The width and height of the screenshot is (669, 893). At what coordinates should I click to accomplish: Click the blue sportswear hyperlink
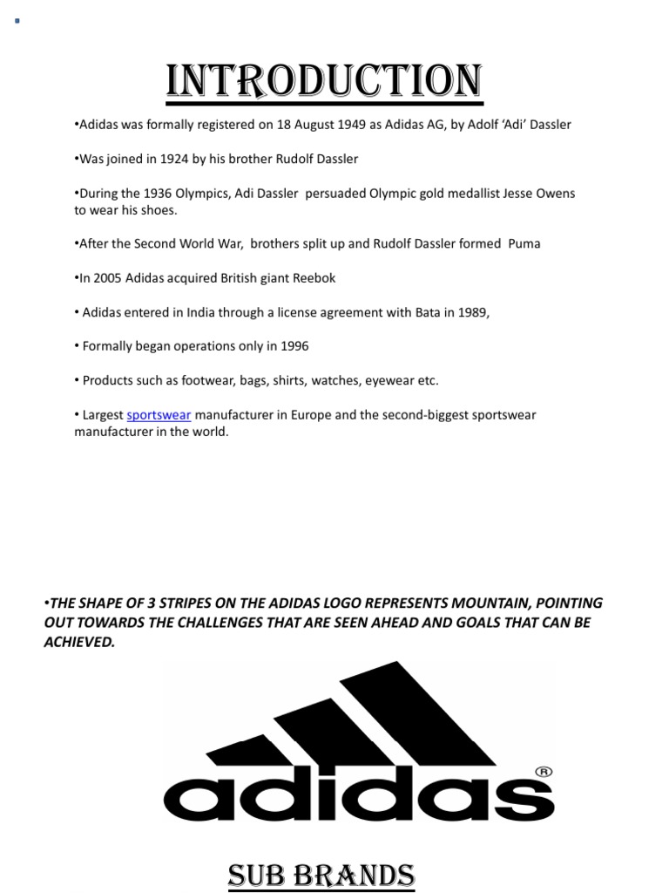point(159,415)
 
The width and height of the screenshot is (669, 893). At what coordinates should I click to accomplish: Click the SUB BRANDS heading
point(321,874)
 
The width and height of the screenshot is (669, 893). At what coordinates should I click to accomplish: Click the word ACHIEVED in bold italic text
point(79,643)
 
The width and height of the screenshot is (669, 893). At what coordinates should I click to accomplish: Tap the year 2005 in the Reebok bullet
point(107,278)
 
